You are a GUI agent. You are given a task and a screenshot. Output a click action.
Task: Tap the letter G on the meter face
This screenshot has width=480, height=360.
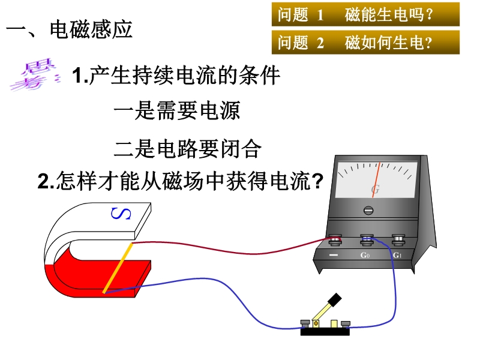(376, 190)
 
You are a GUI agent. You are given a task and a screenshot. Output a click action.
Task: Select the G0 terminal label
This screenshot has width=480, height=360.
(365, 256)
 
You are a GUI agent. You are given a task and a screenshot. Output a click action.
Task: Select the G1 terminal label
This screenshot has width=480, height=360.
(397, 256)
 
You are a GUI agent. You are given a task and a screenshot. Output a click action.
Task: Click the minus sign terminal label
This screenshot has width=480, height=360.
(334, 256)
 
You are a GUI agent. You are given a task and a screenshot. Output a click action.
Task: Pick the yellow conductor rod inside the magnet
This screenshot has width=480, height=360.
(118, 268)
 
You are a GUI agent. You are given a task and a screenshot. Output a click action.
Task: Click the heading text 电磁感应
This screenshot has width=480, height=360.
(91, 30)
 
